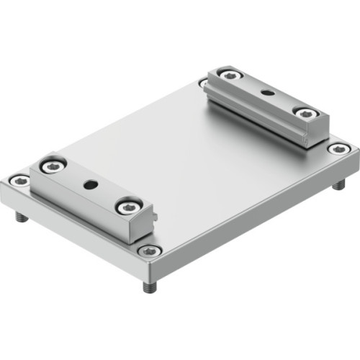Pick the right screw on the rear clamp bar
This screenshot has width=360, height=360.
click(305, 113)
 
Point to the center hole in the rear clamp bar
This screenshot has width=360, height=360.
click(267, 93)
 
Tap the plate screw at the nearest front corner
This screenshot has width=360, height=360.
click(149, 251)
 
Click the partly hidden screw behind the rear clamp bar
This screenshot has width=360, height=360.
click(204, 84)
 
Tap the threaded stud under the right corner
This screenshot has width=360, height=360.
click(339, 184)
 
